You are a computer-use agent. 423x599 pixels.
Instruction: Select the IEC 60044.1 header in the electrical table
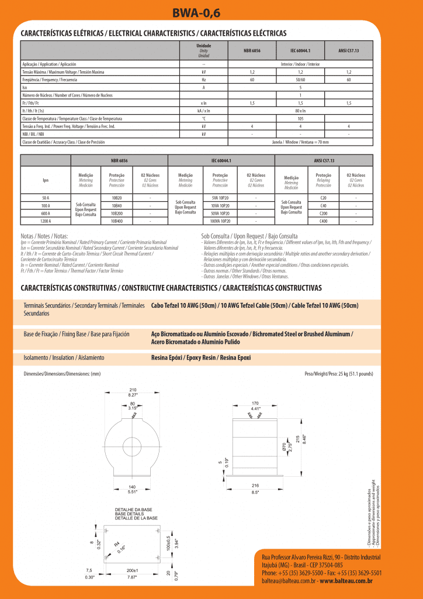(300, 51)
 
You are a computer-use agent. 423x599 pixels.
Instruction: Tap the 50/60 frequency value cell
(300, 79)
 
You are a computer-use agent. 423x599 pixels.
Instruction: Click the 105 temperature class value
(300, 118)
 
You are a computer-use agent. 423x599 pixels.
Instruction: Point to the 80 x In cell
(300, 110)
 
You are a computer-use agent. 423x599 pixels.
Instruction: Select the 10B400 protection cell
(116, 221)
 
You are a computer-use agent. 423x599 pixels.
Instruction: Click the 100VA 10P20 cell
(220, 221)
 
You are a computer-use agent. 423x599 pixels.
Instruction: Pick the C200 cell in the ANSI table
(323, 214)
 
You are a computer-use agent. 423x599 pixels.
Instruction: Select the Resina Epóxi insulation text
(200, 357)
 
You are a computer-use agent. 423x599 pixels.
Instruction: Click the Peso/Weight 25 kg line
(338, 373)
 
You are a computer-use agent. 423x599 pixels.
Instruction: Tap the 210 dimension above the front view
(133, 390)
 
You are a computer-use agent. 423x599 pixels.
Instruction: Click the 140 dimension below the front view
(133, 487)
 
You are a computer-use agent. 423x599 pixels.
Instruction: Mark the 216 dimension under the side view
(255, 486)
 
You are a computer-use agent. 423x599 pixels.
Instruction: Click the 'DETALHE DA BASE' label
(133, 510)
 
